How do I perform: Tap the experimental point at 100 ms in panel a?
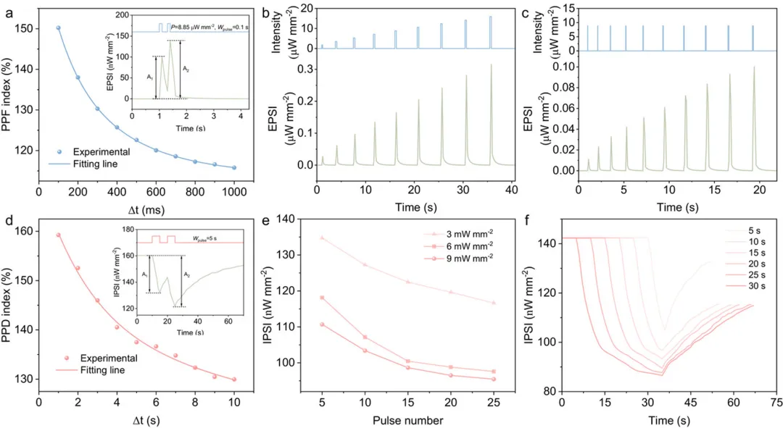pyautogui.click(x=59, y=28)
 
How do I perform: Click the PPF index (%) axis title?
pyautogui.click(x=9, y=94)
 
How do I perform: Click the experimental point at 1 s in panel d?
pyautogui.click(x=59, y=235)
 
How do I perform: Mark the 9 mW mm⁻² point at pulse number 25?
pyautogui.click(x=494, y=379)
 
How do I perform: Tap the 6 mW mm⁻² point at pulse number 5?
pyautogui.click(x=301, y=298)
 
